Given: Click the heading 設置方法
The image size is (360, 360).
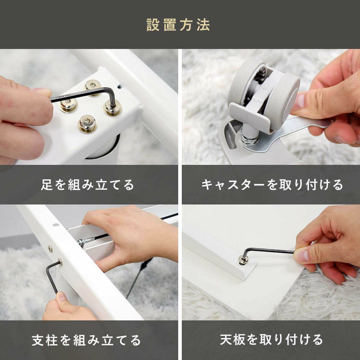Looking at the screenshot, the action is [178, 25].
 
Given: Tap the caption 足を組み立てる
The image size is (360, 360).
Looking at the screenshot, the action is [87, 185].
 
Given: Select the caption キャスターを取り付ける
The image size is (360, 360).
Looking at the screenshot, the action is [272, 185].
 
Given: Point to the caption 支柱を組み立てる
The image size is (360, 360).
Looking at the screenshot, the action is [86, 340].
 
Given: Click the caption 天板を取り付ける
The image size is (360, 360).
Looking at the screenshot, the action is [271, 340].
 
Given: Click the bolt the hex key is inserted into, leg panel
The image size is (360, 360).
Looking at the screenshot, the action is [112, 108].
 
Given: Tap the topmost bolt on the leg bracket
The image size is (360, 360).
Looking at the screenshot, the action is [93, 85].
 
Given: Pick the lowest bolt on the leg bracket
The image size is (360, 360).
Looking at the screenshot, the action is [87, 124].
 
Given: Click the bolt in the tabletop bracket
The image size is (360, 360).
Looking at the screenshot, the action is [243, 260].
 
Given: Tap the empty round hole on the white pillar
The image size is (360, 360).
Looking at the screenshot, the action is [55, 225].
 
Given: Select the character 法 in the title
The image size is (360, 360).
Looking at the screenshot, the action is [203, 25].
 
